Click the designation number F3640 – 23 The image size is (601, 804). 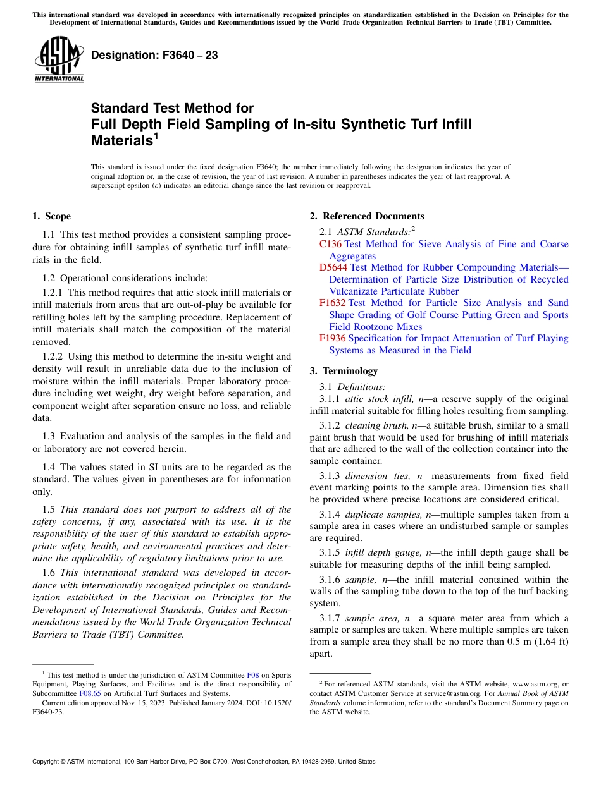tap(154, 56)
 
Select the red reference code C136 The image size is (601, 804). tap(330, 244)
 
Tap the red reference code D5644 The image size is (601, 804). tap(333, 267)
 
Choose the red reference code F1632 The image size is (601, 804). tap(333, 303)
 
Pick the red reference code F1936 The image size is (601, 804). tap(333, 338)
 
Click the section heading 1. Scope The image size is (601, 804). tap(51, 216)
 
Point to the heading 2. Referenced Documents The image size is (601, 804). tap(367, 216)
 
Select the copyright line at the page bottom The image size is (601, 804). tap(204, 762)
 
